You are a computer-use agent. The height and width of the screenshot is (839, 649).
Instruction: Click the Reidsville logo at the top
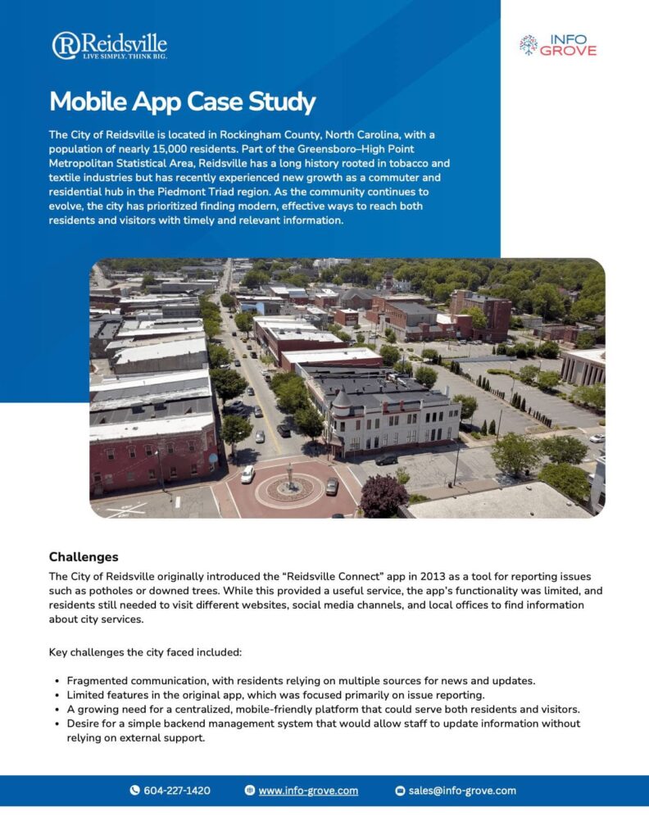109,46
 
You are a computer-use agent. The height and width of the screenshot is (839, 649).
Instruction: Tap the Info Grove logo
558,44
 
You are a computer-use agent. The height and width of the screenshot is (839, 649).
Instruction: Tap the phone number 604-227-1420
176,791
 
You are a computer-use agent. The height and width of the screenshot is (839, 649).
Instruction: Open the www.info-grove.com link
308,791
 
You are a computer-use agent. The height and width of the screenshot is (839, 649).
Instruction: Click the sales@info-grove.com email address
462,791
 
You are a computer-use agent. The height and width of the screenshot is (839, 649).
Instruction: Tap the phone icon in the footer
135,791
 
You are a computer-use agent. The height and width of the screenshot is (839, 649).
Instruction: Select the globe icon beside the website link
250,791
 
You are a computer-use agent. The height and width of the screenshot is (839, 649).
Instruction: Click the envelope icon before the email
401,791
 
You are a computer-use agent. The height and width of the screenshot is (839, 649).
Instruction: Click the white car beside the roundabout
247,474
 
